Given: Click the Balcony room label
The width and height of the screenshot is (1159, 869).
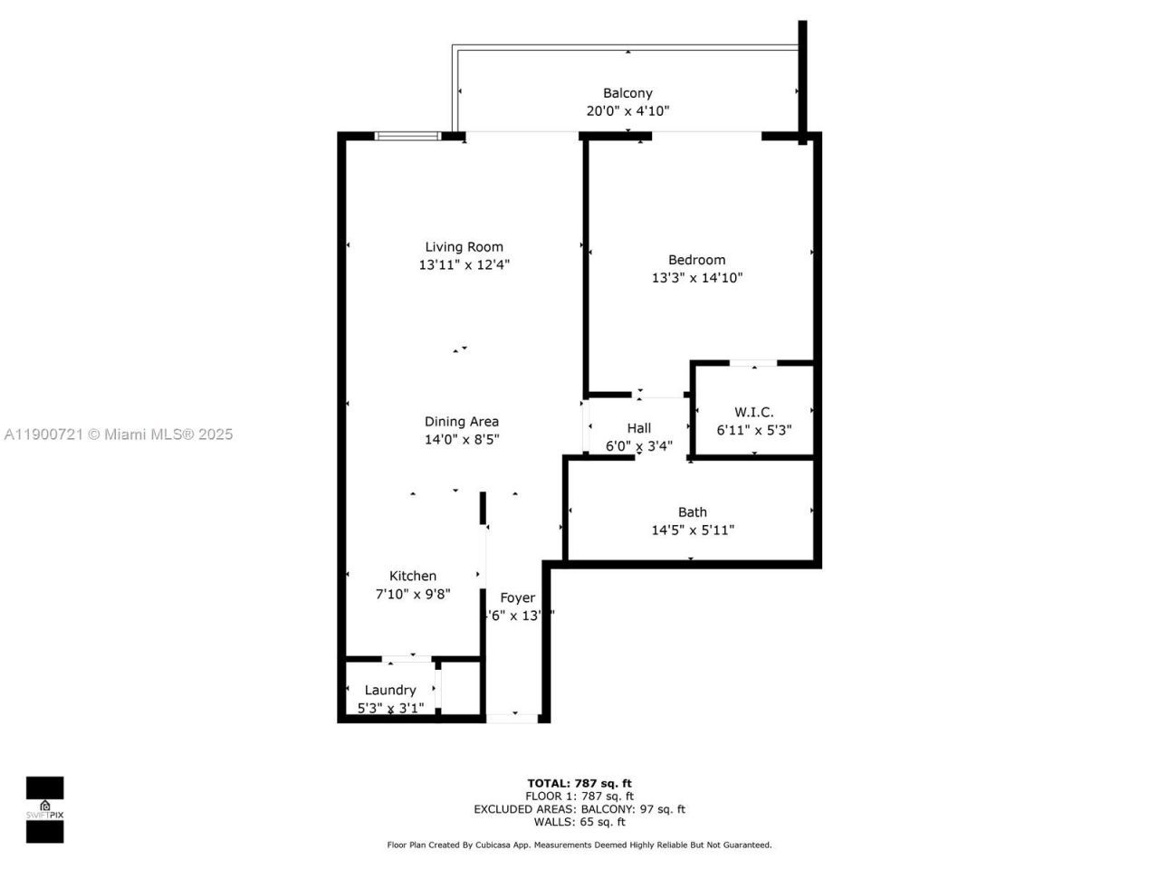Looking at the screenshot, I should tap(627, 93).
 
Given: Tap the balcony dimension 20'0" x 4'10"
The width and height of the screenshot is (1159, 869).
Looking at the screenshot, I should tap(627, 111).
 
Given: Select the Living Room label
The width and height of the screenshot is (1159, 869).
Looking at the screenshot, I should tap(464, 247).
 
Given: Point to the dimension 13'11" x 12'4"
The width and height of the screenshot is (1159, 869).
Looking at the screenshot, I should tap(464, 265).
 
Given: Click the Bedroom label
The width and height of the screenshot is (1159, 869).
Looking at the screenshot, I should tap(696, 260).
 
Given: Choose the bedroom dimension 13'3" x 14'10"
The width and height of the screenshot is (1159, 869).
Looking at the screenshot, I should tap(696, 278).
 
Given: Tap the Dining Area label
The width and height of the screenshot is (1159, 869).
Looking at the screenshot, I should tap(462, 422).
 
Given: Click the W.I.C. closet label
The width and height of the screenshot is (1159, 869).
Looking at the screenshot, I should tap(753, 413).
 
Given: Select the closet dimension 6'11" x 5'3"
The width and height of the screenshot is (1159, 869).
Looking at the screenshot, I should tap(753, 431).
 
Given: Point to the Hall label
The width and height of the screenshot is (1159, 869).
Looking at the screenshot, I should tap(639, 428).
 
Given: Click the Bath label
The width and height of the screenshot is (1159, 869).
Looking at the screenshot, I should tap(693, 512).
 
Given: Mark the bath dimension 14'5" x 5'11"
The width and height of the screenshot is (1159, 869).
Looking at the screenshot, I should tap(693, 530).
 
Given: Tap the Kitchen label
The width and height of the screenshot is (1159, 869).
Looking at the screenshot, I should tap(413, 577).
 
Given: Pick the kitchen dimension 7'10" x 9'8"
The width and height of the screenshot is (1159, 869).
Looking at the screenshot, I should tap(413, 595).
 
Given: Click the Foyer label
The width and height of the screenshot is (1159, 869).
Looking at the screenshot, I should tap(518, 598).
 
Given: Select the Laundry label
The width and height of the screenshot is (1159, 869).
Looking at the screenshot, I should tap(390, 691).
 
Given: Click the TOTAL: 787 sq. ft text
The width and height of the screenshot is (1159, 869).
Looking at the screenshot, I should tap(579, 784).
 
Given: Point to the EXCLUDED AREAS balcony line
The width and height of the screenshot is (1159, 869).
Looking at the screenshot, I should tap(579, 809).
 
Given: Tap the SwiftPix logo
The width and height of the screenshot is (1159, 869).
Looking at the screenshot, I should tap(44, 809).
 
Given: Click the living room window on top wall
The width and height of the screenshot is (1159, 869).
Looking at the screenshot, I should tap(407, 137).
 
